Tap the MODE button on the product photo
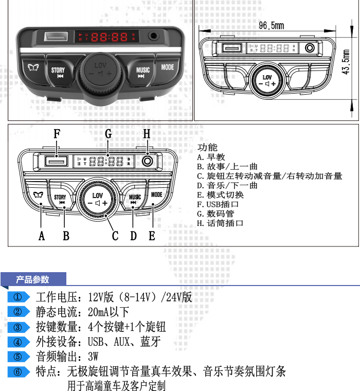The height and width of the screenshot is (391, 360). pos(167,67)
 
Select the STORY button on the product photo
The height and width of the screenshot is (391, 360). pos(58,72)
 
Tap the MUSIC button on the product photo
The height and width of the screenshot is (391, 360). pos(142,72)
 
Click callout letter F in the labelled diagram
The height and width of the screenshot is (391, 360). pos(57,134)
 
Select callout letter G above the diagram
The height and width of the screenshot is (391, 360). pos(108,134)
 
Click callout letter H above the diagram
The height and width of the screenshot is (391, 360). pos(147,134)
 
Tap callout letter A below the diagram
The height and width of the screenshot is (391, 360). pos(42,236)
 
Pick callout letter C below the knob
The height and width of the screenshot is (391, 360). pos(115,236)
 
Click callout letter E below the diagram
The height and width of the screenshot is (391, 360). pos(152,236)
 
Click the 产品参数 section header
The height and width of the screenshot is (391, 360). pos(33,279)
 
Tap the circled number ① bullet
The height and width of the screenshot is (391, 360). pos(18,297)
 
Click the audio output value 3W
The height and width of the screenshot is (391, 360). pos(93,357)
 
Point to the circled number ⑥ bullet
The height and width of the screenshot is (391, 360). pos(18,371)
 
